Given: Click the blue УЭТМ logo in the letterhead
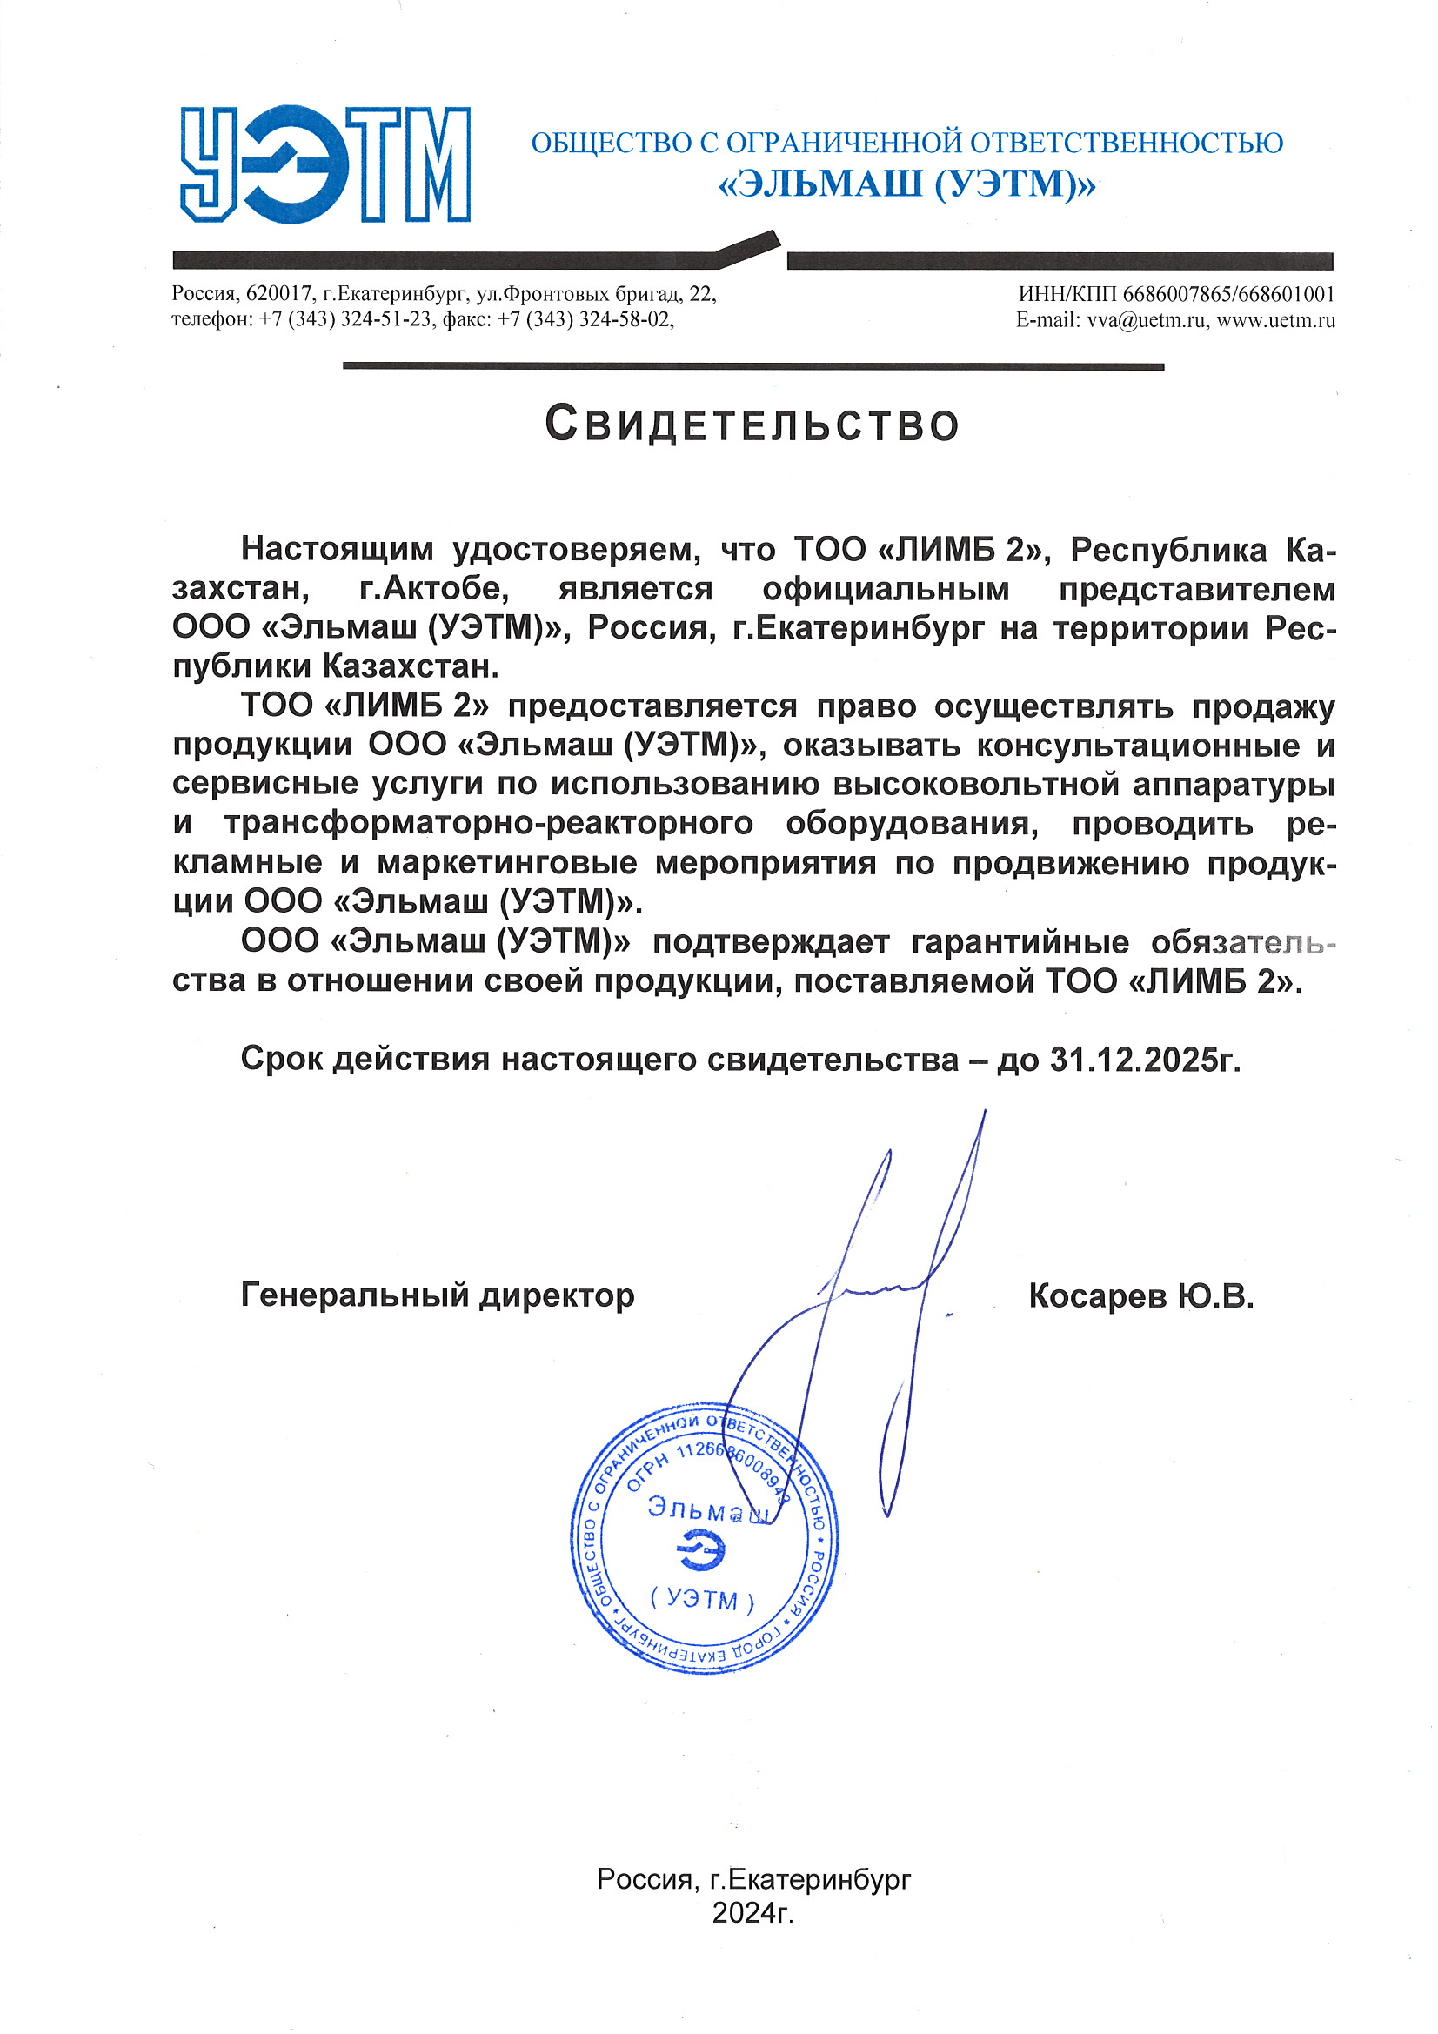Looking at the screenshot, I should coord(324,164).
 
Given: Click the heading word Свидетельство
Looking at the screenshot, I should coord(752,425).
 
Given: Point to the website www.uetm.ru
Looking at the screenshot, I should coord(1275,321).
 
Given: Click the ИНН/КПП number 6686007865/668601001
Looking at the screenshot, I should coord(1228,294).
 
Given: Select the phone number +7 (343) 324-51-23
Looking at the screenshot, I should coord(344,321).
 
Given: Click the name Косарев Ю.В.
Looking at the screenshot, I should coord(1141,1297).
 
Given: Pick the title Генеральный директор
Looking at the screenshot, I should coord(438,1296).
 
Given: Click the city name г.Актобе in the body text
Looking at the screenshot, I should coord(434,590).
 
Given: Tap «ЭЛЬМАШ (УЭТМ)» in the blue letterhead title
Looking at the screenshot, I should coord(906,184).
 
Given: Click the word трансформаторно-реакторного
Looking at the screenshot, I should coord(488,824).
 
